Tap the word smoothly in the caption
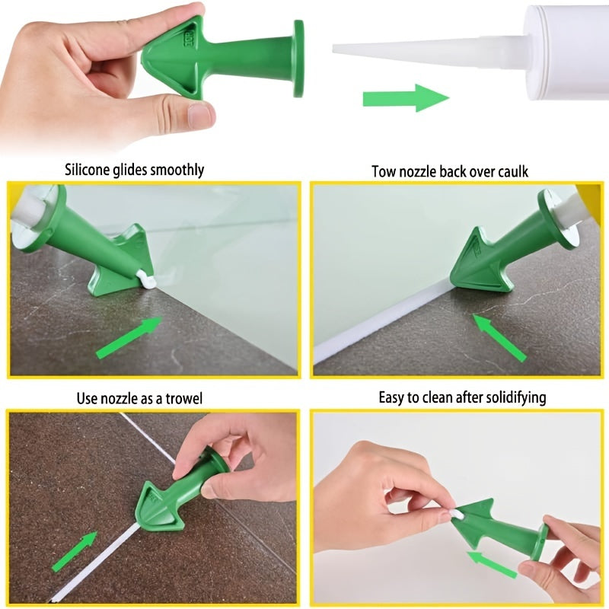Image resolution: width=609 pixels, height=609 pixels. point(177,170)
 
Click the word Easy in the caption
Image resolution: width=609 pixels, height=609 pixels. point(393,397)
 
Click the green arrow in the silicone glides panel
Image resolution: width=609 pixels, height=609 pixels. point(129,337)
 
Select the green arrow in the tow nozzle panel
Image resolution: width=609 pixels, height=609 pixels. point(499,337)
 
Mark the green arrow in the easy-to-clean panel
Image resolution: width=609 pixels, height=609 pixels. point(493,564)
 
